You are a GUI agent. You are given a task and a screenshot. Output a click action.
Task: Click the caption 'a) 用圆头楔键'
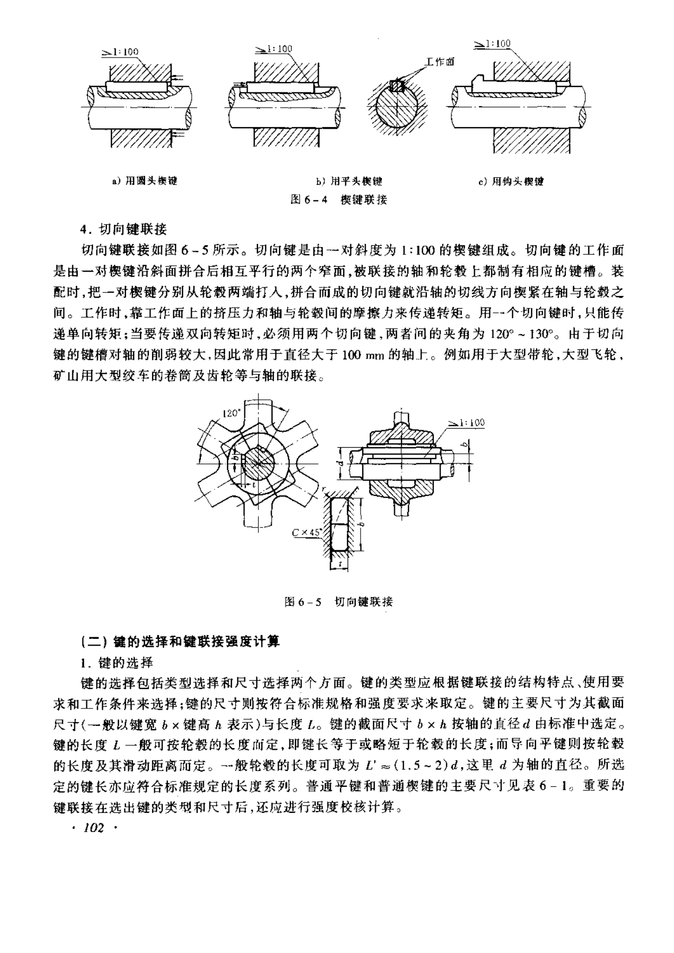click(x=144, y=181)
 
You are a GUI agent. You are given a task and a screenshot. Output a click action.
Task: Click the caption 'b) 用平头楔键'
click(x=349, y=181)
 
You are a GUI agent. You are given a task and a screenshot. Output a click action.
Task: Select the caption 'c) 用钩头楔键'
click(x=511, y=181)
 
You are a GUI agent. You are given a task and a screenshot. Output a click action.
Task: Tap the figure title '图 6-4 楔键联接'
click(x=339, y=199)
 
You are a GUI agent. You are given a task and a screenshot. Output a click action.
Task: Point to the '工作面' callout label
click(x=440, y=62)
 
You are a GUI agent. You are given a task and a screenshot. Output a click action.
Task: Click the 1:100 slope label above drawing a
click(x=121, y=52)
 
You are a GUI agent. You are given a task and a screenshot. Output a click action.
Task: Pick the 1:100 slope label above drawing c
click(x=492, y=43)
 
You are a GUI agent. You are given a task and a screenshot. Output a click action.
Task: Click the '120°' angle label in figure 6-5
click(x=231, y=413)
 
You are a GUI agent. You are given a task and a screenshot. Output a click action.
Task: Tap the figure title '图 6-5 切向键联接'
click(x=339, y=601)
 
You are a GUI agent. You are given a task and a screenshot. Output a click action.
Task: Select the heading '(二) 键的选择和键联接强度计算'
click(x=180, y=642)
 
